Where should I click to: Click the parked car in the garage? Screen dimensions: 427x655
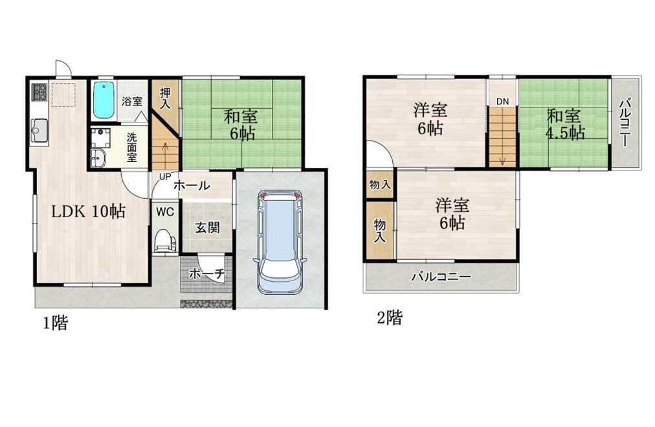tap(279, 241)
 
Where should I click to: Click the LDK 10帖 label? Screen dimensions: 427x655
tap(89, 212)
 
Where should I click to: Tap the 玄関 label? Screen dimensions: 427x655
tap(207, 227)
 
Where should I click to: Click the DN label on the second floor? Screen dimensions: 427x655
tap(502, 101)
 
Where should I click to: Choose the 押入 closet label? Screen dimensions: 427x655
tap(165, 98)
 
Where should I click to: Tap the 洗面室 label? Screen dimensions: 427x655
tap(131, 147)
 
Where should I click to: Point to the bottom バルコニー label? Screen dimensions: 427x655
tap(441, 277)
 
